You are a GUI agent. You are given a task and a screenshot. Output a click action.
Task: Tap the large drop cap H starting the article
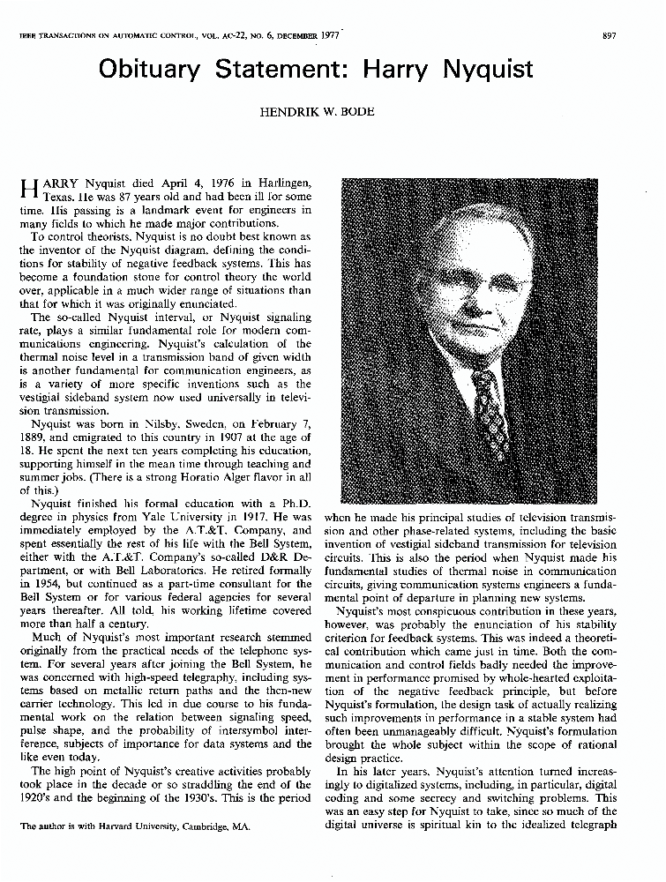(26, 190)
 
